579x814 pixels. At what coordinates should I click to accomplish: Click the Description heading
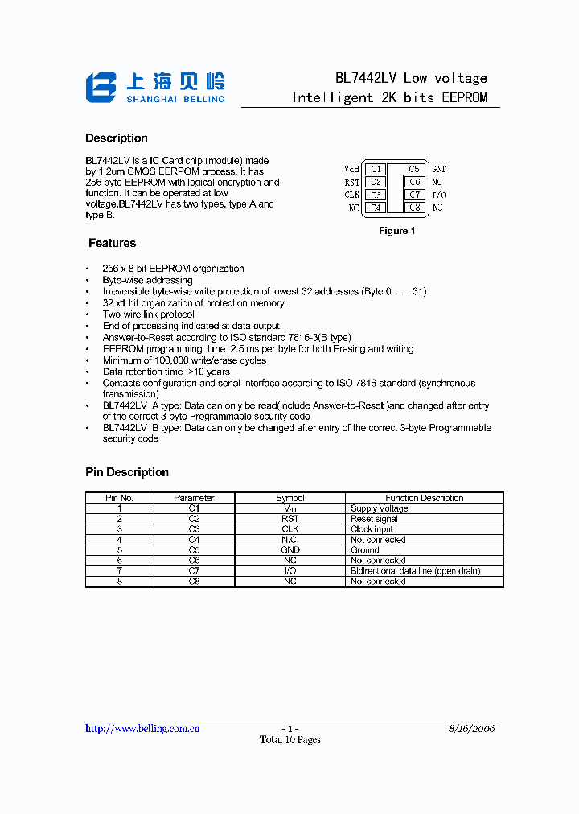click(x=117, y=138)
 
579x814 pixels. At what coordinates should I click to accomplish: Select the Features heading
click(x=113, y=243)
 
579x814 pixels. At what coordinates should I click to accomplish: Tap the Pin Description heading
click(x=127, y=472)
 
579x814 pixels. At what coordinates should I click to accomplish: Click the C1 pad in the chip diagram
click(x=376, y=169)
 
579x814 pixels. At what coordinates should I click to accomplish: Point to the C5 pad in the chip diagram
click(x=414, y=169)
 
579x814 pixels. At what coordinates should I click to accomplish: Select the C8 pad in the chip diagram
click(x=414, y=208)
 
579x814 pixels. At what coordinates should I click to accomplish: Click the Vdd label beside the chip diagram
click(x=351, y=169)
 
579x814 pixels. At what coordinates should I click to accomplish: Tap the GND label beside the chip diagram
click(x=439, y=169)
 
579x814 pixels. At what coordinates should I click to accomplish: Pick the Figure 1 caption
click(x=396, y=231)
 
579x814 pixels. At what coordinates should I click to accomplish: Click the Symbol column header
click(x=290, y=498)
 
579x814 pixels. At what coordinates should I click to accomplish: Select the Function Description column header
click(x=425, y=498)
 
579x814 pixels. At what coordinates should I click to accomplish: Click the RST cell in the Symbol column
click(x=290, y=519)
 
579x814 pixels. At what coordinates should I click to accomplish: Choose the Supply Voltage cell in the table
click(x=380, y=508)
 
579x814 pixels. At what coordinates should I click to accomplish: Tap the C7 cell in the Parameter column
click(x=194, y=570)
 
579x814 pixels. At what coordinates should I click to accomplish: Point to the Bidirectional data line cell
click(x=415, y=570)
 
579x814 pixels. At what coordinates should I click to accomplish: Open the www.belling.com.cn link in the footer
click(x=142, y=728)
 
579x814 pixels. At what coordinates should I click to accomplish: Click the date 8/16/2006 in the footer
click(x=472, y=728)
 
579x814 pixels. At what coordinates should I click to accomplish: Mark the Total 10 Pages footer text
click(x=289, y=740)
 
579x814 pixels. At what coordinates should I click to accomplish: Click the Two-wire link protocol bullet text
click(x=149, y=314)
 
